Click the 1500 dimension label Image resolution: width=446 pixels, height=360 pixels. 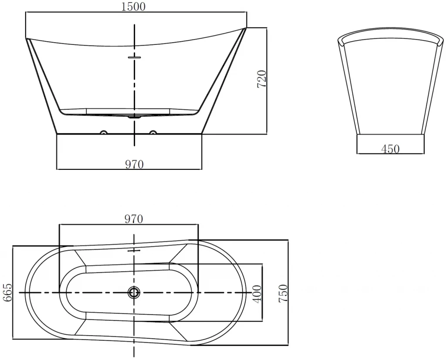(x=133, y=6)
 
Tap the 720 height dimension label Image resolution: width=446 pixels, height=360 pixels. (x=262, y=79)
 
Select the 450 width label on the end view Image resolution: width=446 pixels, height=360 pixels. (x=390, y=149)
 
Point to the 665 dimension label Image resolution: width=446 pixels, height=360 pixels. (x=8, y=293)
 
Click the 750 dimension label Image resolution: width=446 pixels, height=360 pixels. (x=283, y=293)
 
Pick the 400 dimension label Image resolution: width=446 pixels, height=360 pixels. (x=257, y=294)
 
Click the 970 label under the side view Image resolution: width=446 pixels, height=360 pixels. (x=134, y=164)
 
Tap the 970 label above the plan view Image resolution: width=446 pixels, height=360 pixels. (x=134, y=219)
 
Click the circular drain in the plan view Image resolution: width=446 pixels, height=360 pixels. (x=134, y=293)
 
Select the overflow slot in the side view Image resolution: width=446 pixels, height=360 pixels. (x=134, y=57)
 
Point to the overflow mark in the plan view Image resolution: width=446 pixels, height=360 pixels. (x=134, y=251)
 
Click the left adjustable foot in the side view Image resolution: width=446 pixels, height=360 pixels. (x=104, y=132)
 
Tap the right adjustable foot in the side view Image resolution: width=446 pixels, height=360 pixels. (x=153, y=132)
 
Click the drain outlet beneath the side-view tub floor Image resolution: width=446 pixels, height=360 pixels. (x=134, y=116)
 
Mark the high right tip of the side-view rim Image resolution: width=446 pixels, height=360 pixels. (x=246, y=28)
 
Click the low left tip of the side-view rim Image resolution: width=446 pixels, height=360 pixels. (x=26, y=38)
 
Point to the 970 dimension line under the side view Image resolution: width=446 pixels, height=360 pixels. (x=129, y=169)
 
